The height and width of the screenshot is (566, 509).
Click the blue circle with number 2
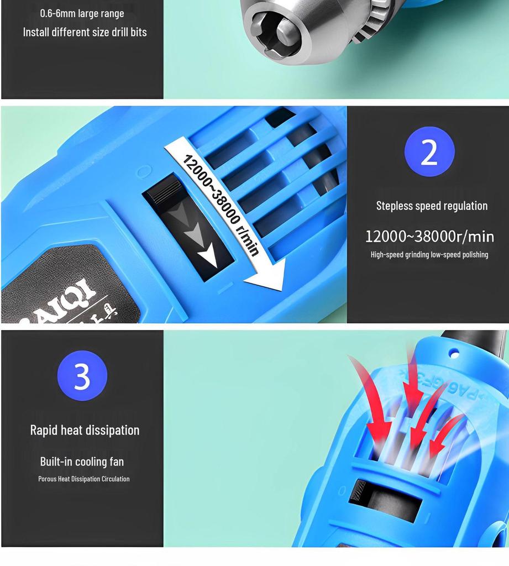pos(429,151)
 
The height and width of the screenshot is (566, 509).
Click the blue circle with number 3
pos(82,376)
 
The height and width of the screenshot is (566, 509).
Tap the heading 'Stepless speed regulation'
pos(432,206)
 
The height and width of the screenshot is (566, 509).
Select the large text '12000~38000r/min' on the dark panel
pos(429,237)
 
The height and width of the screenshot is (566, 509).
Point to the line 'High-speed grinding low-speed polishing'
pos(429,255)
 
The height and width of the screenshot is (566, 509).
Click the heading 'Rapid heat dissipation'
pos(85,430)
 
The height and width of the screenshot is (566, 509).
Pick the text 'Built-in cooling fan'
pos(82,462)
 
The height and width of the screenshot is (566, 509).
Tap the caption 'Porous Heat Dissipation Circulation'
pos(84,479)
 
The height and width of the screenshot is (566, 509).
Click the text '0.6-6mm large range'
pos(82,13)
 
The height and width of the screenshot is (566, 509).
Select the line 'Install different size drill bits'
pos(85,32)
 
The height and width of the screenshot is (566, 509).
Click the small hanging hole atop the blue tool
pos(454,352)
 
